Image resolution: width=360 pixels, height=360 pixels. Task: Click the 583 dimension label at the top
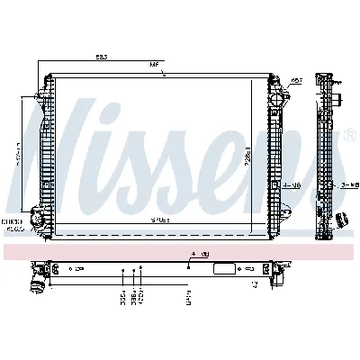pyautogui.click(x=102, y=57)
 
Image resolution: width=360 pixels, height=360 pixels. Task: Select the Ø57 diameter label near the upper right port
pyautogui.click(x=294, y=80)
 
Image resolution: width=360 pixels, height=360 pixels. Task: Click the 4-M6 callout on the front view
pyautogui.click(x=291, y=184)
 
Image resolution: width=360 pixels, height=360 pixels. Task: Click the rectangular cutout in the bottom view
pyautogui.click(x=220, y=267)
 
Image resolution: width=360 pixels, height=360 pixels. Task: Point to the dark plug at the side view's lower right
pyautogui.click(x=342, y=219)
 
